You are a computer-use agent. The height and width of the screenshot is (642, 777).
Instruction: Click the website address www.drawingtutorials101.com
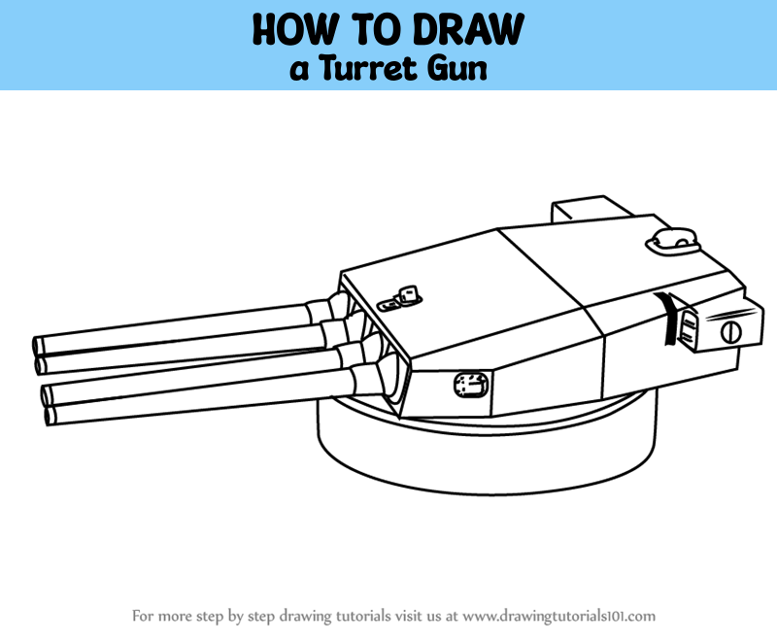(559, 616)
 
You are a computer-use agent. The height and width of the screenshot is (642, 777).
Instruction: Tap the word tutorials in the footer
(363, 616)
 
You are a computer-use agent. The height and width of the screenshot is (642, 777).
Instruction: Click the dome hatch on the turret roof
(672, 240)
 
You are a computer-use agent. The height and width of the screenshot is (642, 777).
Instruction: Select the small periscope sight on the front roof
(400, 299)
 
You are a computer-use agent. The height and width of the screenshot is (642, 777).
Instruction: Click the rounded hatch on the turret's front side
(471, 385)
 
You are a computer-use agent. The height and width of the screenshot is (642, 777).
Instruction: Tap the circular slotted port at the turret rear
(731, 332)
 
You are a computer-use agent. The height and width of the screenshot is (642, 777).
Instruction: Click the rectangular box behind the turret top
(590, 210)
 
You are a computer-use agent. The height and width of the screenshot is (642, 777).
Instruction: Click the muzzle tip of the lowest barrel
(49, 416)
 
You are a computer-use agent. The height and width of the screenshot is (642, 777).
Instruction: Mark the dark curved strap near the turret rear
(666, 318)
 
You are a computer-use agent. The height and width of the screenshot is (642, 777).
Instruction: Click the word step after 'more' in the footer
(210, 617)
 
